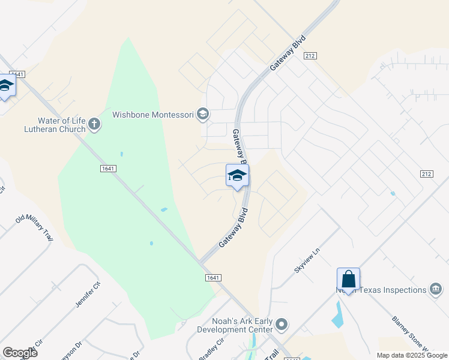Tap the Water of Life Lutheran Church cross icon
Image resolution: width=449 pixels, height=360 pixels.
pyautogui.click(x=94, y=124)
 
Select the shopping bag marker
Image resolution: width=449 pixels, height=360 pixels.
pyautogui.click(x=348, y=280)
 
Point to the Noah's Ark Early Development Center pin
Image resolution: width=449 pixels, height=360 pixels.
pyautogui.click(x=282, y=325)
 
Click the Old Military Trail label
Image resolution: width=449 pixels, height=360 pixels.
pyautogui.click(x=34, y=226)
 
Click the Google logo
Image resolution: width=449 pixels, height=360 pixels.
pyautogui.click(x=20, y=353)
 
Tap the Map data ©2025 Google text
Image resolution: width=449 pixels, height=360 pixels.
pyautogui.click(x=411, y=355)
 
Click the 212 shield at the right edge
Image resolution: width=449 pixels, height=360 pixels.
pyautogui.click(x=426, y=174)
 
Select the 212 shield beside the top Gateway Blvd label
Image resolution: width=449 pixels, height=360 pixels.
pyautogui.click(x=310, y=56)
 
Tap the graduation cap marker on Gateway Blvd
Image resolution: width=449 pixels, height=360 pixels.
pyautogui.click(x=238, y=176)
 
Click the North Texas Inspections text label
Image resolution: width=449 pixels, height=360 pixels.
pyautogui.click(x=381, y=290)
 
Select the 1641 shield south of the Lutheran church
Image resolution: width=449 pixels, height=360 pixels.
pyautogui.click(x=108, y=169)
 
